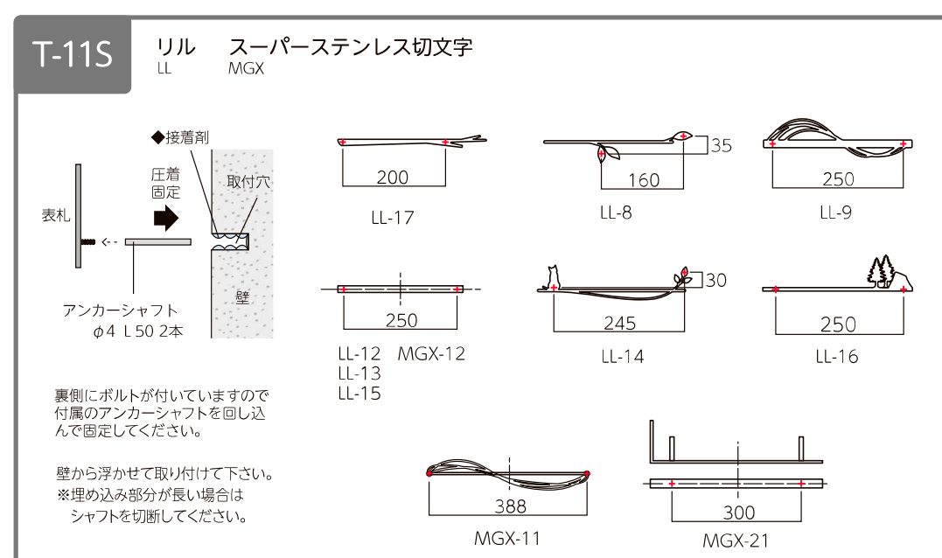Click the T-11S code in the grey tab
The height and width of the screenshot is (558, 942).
coord(73,53)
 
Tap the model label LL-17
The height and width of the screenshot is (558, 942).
coord(393,218)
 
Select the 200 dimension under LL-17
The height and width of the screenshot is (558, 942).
coord(393,178)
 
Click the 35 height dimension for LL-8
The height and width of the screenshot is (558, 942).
coord(722,145)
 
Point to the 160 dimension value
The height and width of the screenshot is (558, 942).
coord(644,179)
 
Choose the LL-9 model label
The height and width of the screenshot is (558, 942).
coord(835,213)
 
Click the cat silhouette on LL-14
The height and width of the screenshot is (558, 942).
coord(552,278)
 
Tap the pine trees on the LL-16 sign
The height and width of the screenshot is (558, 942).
coord(881,271)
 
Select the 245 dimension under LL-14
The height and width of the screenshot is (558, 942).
coord(619,323)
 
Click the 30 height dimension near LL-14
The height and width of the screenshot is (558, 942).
coord(715,280)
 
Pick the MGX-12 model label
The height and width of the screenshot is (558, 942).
coord(431,354)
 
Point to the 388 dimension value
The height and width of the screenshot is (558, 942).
coord(510,506)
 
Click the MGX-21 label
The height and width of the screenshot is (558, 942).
coord(736,541)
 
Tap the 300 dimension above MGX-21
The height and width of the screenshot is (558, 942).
coord(738,513)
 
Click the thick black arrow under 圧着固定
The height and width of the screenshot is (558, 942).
coord(166,218)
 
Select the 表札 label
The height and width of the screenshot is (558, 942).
coord(56,215)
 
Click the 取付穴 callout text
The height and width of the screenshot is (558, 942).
coord(248,182)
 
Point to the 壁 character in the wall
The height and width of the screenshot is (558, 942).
coord(242,297)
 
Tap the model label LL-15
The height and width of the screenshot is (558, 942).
coord(359,394)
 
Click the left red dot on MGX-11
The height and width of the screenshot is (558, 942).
coord(429,472)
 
